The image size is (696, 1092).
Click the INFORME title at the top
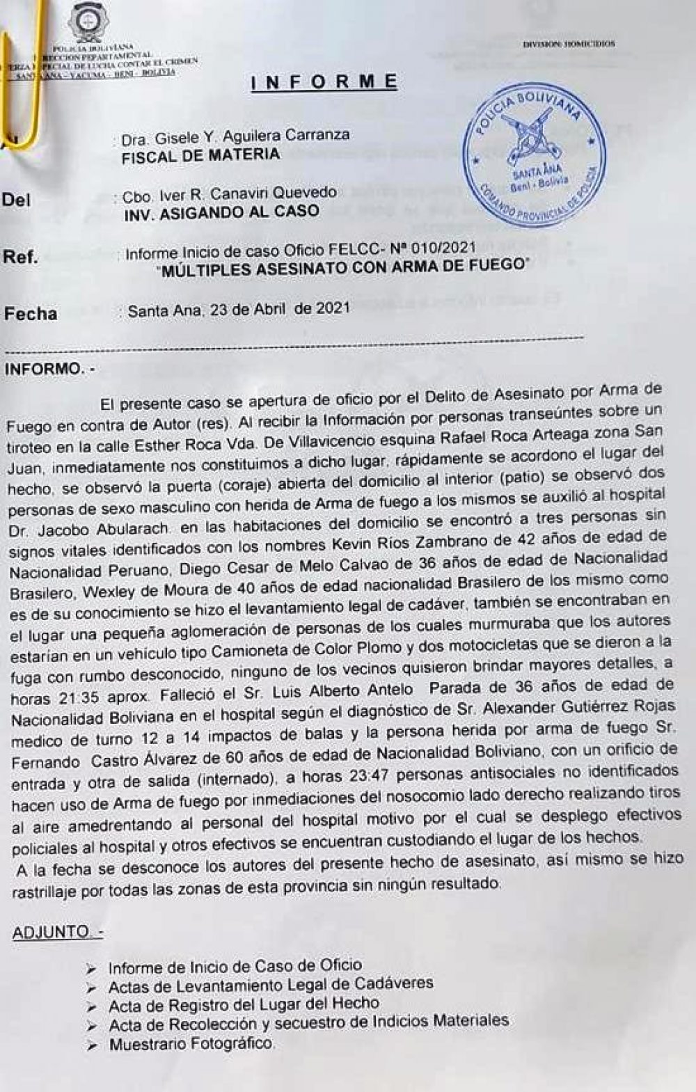pyautogui.click(x=324, y=82)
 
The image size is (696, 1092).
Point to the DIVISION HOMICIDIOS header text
pyautogui.click(x=569, y=43)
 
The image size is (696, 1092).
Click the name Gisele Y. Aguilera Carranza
pyautogui.click(x=235, y=136)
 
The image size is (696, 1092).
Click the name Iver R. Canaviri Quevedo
pyautogui.click(x=230, y=193)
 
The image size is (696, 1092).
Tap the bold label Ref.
pyautogui.click(x=20, y=257)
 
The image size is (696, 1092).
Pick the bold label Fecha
pyautogui.click(x=31, y=314)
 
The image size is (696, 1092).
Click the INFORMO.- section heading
pyautogui.click(x=52, y=369)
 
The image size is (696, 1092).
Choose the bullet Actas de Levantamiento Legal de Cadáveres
pyautogui.click(x=271, y=985)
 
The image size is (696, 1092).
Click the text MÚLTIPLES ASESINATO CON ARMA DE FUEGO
pyautogui.click(x=343, y=267)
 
